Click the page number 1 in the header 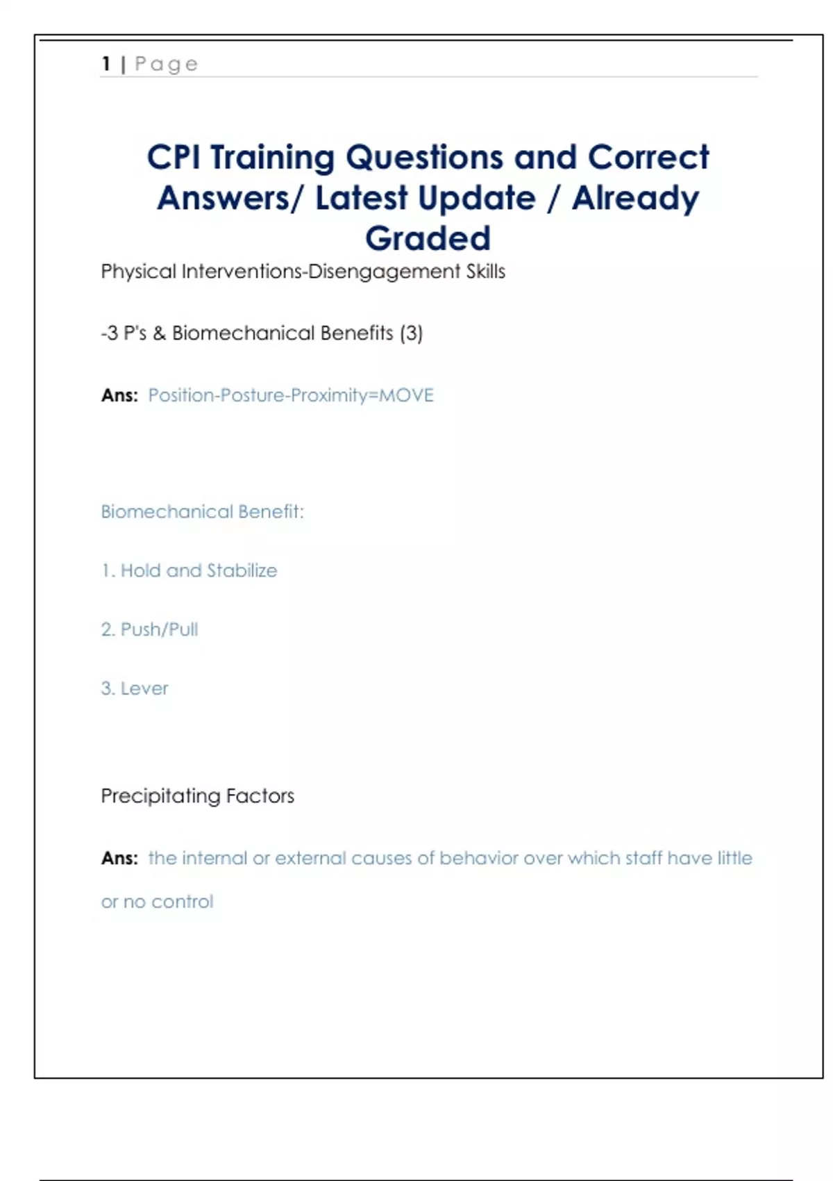[106, 64]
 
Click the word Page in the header [167, 65]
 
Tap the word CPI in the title [174, 157]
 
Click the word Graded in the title [428, 238]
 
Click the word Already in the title [635, 198]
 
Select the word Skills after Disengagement [485, 272]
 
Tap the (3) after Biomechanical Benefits [411, 333]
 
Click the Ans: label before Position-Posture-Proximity [119, 395]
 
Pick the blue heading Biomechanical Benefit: [202, 512]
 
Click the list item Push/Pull [159, 629]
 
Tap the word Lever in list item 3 [144, 688]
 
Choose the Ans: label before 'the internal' [119, 859]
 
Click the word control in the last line [182, 902]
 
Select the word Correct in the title [648, 157]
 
